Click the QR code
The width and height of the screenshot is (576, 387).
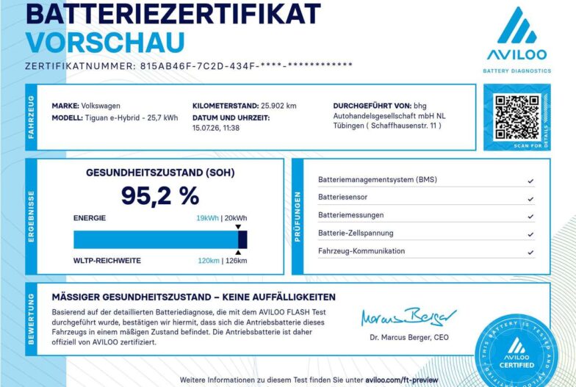click(517, 117)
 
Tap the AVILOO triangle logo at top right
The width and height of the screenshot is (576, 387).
click(517, 25)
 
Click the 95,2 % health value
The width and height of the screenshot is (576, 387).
click(160, 195)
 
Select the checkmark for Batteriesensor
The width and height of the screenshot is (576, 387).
click(530, 198)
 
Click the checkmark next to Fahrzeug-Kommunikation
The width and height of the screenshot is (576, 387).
click(530, 253)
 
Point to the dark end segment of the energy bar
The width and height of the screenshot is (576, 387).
click(242, 239)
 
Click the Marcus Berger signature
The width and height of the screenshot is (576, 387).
click(408, 317)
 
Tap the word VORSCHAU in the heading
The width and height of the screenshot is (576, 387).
click(105, 43)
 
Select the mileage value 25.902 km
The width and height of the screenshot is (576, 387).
click(278, 106)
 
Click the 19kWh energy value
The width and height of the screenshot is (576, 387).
click(207, 218)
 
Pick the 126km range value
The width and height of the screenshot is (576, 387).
click(237, 261)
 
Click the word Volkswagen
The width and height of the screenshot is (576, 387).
click(101, 106)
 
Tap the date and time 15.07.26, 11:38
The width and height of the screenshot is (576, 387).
click(216, 128)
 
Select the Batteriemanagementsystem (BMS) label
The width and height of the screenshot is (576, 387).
click(378, 179)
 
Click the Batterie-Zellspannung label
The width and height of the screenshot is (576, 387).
click(356, 234)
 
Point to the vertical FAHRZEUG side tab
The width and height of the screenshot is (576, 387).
click(31, 117)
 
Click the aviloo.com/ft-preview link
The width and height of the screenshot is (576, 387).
click(401, 380)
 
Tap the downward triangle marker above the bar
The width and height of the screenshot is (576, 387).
click(238, 227)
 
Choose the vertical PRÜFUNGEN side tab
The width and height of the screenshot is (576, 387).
click(298, 217)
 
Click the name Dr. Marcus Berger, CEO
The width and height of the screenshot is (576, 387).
click(409, 338)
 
